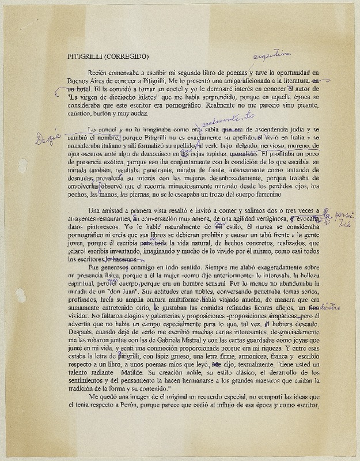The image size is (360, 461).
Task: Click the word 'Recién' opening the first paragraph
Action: pyautogui.click(x=97, y=74)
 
